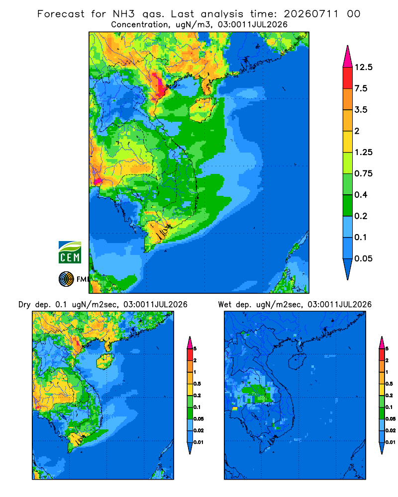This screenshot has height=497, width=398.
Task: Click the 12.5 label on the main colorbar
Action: pyautogui.click(x=363, y=67)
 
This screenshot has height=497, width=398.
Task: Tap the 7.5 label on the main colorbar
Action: pyautogui.click(x=361, y=88)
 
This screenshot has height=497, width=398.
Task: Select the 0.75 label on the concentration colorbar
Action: pyautogui.click(x=363, y=173)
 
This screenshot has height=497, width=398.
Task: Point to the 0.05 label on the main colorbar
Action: pyautogui.click(x=363, y=258)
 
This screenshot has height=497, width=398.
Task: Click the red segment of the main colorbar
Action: pyautogui.click(x=348, y=78)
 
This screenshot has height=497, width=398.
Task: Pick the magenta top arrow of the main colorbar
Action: pyautogui.click(x=348, y=57)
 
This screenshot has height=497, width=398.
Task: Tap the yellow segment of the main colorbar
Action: pyautogui.click(x=348, y=142)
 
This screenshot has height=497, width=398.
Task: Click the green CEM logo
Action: pyautogui.click(x=70, y=252)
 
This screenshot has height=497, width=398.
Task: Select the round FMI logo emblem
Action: pyautogui.click(x=66, y=279)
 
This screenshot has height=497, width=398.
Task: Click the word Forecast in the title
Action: pyautogui.click(x=61, y=14)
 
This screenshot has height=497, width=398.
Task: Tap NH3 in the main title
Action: pyautogui.click(x=124, y=14)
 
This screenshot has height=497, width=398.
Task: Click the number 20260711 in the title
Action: pyautogui.click(x=311, y=14)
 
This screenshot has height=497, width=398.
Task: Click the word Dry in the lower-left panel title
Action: pyautogui.click(x=24, y=305)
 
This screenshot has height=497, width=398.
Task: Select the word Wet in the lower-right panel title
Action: pyautogui.click(x=225, y=305)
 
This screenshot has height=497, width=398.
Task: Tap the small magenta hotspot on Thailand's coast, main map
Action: pyautogui.click(x=98, y=181)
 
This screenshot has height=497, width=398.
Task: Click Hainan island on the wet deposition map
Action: pyautogui.click(x=297, y=361)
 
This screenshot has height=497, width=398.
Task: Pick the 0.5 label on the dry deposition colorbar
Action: pyautogui.click(x=197, y=384)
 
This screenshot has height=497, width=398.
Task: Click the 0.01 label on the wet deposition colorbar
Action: pyautogui.click(x=391, y=442)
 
